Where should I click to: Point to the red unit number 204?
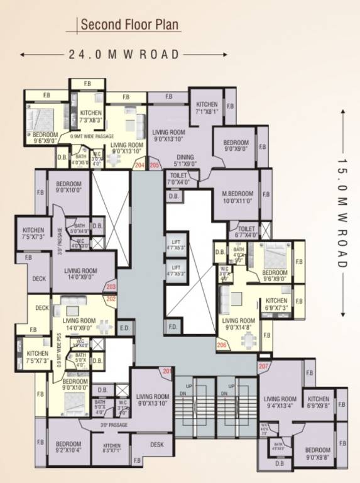point(139,165)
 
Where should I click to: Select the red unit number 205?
point(155,165)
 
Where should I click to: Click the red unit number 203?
point(111,287)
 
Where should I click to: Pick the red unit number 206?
point(221,345)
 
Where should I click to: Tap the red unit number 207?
point(263,365)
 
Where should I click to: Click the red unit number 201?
point(166,372)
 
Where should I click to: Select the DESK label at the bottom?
point(157,444)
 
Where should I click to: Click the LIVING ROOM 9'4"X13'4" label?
point(280,402)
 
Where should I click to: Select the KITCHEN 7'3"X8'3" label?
point(90,116)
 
